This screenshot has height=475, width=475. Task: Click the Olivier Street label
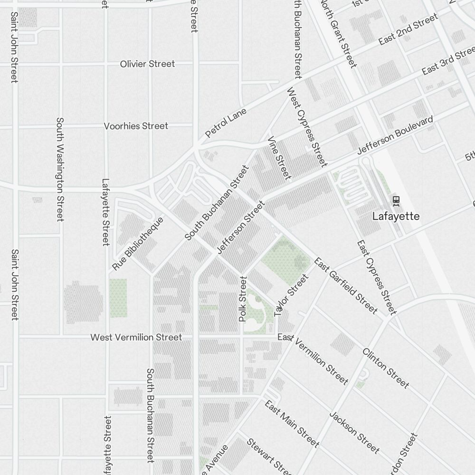point(147,64)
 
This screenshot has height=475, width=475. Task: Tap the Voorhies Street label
point(136,126)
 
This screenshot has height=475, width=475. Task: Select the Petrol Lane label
point(226,123)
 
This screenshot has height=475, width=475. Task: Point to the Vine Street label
point(279,158)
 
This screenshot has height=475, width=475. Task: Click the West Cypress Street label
point(307,127)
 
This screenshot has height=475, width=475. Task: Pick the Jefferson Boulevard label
point(395,135)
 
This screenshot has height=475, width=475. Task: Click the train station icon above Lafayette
point(396,201)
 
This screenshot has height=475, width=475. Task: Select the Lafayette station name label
point(396,216)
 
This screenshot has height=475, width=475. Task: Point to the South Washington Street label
point(60,170)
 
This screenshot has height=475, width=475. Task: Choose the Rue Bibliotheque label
point(138,244)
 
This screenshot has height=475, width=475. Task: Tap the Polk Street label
point(243,299)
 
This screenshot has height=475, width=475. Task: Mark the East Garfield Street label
point(346,286)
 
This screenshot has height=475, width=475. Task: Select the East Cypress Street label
point(376,277)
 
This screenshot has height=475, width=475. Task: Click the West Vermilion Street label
point(136,337)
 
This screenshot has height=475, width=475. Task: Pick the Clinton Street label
point(385,368)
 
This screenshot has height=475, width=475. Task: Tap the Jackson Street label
point(354,432)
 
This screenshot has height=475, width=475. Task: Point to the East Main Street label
point(292,424)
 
